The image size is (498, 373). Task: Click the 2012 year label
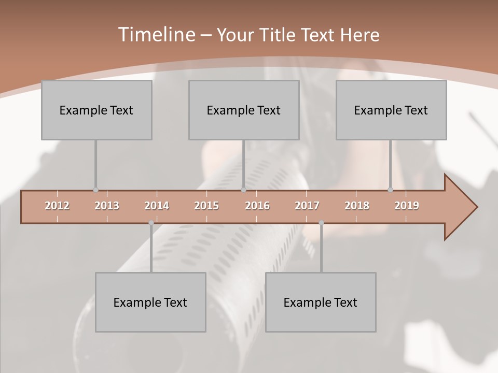[x=57, y=206]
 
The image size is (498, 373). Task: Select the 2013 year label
[x=107, y=206]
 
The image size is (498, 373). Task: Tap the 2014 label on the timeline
[x=157, y=206]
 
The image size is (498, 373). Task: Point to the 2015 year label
[x=206, y=206]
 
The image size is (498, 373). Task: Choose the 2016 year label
[x=257, y=206]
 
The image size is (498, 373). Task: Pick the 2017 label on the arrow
[x=307, y=206]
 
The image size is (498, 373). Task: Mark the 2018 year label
[x=357, y=206]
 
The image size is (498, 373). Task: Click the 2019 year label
[x=407, y=206]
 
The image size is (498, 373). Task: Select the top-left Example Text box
[x=96, y=110]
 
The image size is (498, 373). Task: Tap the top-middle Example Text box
[x=244, y=110]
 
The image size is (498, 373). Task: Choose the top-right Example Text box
[x=391, y=110]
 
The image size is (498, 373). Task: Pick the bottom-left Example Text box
[x=150, y=302]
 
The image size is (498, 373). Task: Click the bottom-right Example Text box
[x=321, y=302]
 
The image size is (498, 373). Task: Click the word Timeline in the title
[x=156, y=35]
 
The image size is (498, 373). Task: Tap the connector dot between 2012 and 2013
[x=95, y=190]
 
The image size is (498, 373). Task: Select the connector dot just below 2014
[x=151, y=223]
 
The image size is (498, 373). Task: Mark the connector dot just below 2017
[x=321, y=223]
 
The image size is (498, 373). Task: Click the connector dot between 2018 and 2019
[x=390, y=190]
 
